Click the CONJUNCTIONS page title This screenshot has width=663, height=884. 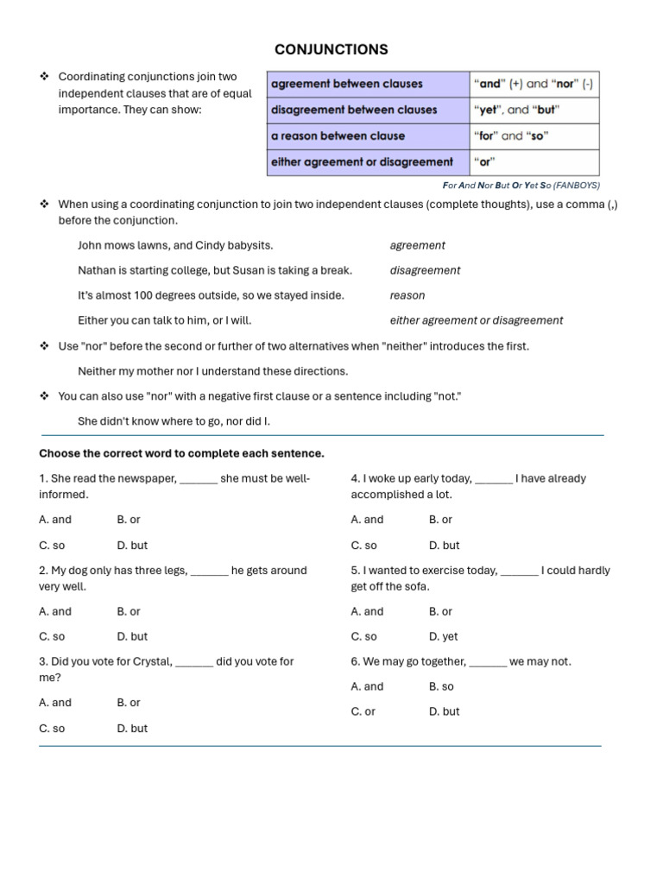click(x=331, y=50)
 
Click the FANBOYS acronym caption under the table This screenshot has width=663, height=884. click(x=521, y=186)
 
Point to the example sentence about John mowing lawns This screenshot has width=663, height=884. click(x=175, y=245)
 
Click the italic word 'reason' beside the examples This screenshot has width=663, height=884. click(x=407, y=295)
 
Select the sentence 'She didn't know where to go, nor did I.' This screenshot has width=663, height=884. click(x=174, y=421)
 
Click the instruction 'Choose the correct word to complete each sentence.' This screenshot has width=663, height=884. click(x=181, y=453)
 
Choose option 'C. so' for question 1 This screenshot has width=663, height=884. click(x=52, y=546)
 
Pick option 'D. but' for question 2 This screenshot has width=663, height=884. click(x=132, y=636)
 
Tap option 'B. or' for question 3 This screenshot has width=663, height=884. click(x=129, y=703)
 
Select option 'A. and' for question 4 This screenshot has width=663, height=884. click(x=367, y=520)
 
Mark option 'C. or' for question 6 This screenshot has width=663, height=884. click(x=363, y=711)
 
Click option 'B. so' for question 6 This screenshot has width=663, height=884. click(x=441, y=686)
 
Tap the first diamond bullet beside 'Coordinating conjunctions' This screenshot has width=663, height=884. click(x=44, y=77)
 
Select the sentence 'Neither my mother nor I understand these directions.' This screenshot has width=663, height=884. click(x=212, y=371)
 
